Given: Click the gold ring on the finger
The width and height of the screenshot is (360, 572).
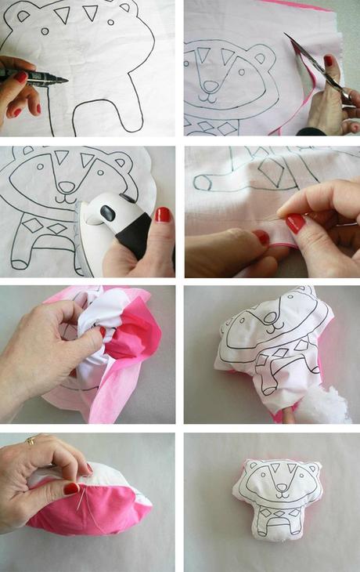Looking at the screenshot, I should coord(31,441).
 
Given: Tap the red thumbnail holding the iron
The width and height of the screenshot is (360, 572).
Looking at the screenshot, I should coord(162,214).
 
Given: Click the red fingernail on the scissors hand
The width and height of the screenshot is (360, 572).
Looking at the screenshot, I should coord(329,60).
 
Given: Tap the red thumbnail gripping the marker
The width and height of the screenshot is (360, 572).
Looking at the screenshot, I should coord(21,77).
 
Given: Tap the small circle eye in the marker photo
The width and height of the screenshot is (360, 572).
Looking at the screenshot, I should coord(45,31).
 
